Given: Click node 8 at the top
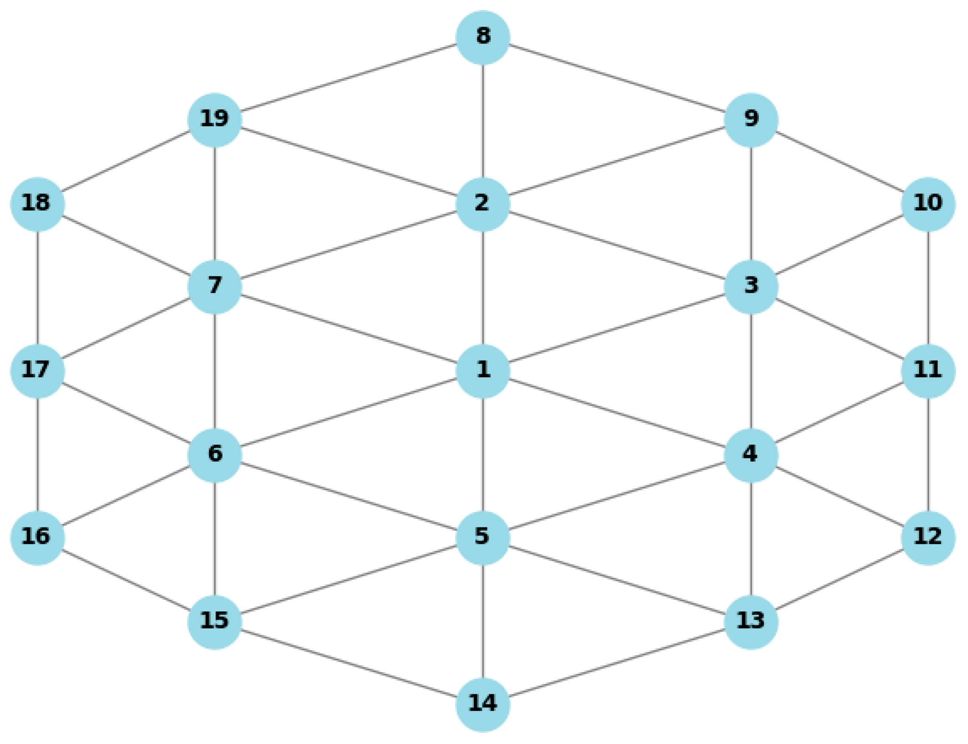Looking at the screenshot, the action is (x=482, y=37).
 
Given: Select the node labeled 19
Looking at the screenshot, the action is (x=214, y=120).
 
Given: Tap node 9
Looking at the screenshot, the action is (x=751, y=120).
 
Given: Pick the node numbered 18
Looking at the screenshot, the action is (x=37, y=204).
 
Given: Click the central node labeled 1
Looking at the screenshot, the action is (x=482, y=371).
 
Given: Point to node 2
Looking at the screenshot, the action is (x=482, y=204).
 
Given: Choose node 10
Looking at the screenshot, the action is (x=927, y=204).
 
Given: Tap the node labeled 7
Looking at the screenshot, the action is (x=214, y=287).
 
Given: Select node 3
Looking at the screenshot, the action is (x=751, y=287).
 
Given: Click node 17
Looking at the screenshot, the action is (x=37, y=371).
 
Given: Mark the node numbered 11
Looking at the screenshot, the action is (x=927, y=371).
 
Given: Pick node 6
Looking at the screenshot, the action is (x=214, y=455).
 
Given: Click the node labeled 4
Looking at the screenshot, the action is (x=751, y=455).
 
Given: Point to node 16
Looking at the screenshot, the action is (x=37, y=537).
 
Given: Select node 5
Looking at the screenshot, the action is (x=482, y=537).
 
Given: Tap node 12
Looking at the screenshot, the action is (x=927, y=537).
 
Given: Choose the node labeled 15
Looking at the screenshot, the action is (x=214, y=622).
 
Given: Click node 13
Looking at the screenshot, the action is (x=751, y=622).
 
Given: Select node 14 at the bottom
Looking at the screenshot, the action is (x=482, y=705).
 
